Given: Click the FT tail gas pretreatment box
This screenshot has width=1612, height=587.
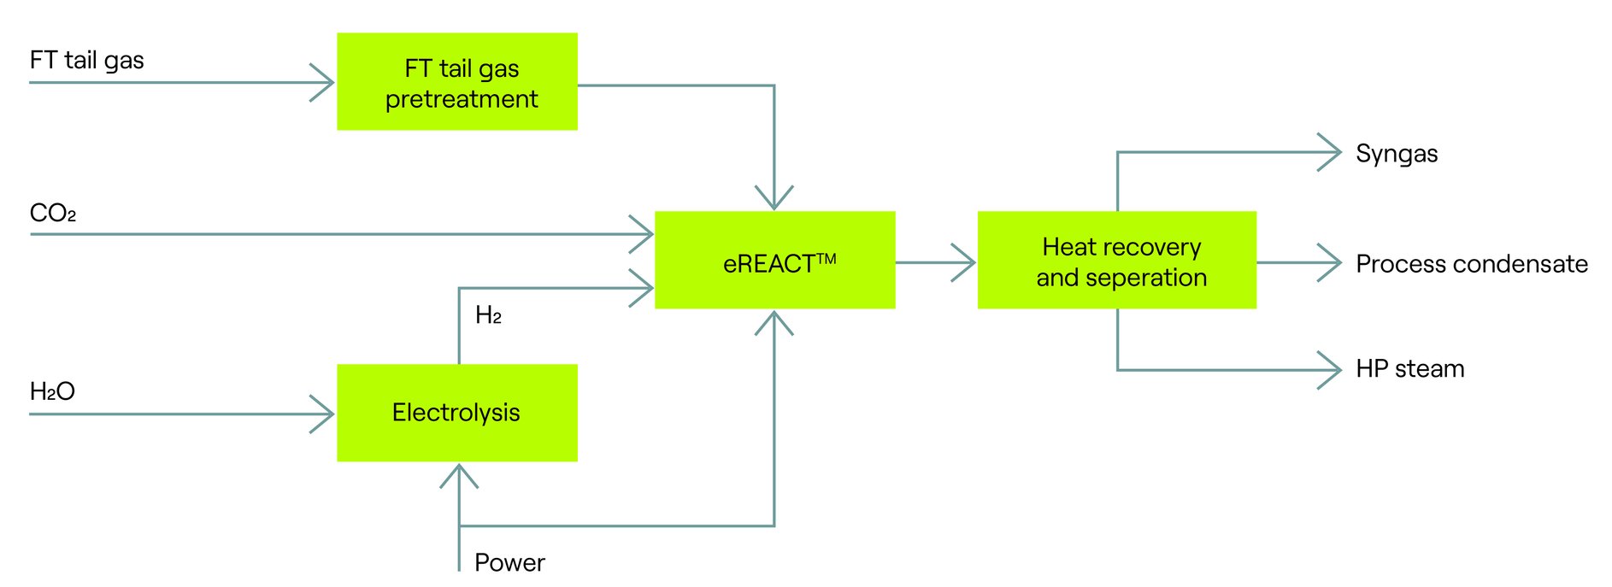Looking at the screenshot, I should coord(456,81).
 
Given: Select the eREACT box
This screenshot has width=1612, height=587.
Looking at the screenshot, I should coord(774,260).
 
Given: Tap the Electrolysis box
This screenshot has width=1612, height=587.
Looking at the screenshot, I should coord(456,413).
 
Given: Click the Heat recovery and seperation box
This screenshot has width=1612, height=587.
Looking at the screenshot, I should coord(1116,260).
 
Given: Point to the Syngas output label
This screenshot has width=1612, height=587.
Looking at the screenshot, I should coord(1396,154).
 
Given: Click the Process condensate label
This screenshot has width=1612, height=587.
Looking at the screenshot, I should coord(1471,264).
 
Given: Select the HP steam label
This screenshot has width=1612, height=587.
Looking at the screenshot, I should coord(1409,369).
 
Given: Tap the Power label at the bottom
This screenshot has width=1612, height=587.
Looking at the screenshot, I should coord(509,562).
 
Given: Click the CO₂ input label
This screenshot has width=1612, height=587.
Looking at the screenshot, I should coord(52,213).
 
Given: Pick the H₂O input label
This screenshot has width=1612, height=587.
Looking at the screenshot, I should coord(52,391).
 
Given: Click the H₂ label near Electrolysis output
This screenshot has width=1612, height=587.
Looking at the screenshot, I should coord(488,315).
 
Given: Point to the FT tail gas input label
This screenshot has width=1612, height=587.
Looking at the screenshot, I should coord(86,61).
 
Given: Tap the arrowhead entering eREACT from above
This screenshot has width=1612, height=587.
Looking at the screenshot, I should coord(774,199).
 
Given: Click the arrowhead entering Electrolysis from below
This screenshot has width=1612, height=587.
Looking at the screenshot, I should coord(459,474).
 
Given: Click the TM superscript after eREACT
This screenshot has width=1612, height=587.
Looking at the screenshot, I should coord(826,258).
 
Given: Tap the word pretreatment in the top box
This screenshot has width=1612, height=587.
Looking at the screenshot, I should coord(461,100).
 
